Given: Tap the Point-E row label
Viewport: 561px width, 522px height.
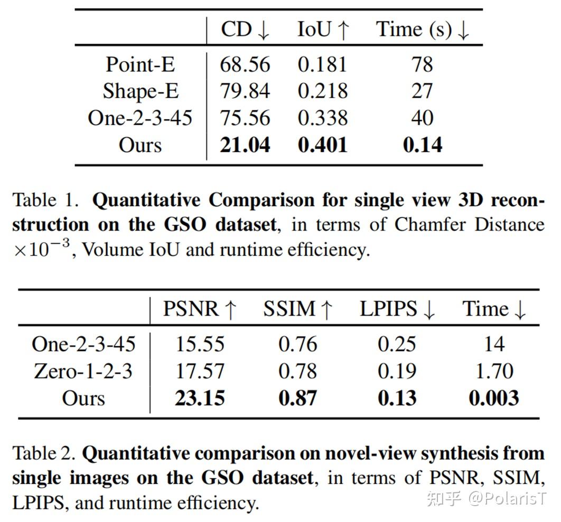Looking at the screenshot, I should pyautogui.click(x=140, y=64).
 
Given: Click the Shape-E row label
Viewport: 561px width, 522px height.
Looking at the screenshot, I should pyautogui.click(x=140, y=91).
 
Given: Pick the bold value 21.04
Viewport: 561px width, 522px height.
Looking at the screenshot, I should pyautogui.click(x=245, y=145).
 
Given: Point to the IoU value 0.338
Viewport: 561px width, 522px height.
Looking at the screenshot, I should pyautogui.click(x=322, y=118).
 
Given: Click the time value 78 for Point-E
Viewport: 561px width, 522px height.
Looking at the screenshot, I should pyautogui.click(x=422, y=64).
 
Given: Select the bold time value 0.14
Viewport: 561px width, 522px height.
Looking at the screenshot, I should pyautogui.click(x=422, y=145).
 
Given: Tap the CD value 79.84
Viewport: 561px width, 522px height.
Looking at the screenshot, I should pyautogui.click(x=245, y=91).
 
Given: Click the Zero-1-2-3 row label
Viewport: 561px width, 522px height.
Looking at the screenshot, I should pyautogui.click(x=83, y=371).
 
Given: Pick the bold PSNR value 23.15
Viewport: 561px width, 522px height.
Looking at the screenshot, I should pyautogui.click(x=200, y=398).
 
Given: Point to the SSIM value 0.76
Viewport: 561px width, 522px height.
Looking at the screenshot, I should pyautogui.click(x=298, y=344).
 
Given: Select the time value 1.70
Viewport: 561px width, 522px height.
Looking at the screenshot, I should pyautogui.click(x=494, y=371).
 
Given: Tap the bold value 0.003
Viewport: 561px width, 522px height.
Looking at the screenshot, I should pyautogui.click(x=494, y=398).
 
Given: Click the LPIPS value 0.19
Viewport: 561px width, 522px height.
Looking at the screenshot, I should pyautogui.click(x=397, y=371).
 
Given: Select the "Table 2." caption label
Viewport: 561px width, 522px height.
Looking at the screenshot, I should pyautogui.click(x=44, y=453).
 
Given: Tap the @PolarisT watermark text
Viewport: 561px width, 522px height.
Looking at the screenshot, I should pyautogui.click(x=508, y=498).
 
